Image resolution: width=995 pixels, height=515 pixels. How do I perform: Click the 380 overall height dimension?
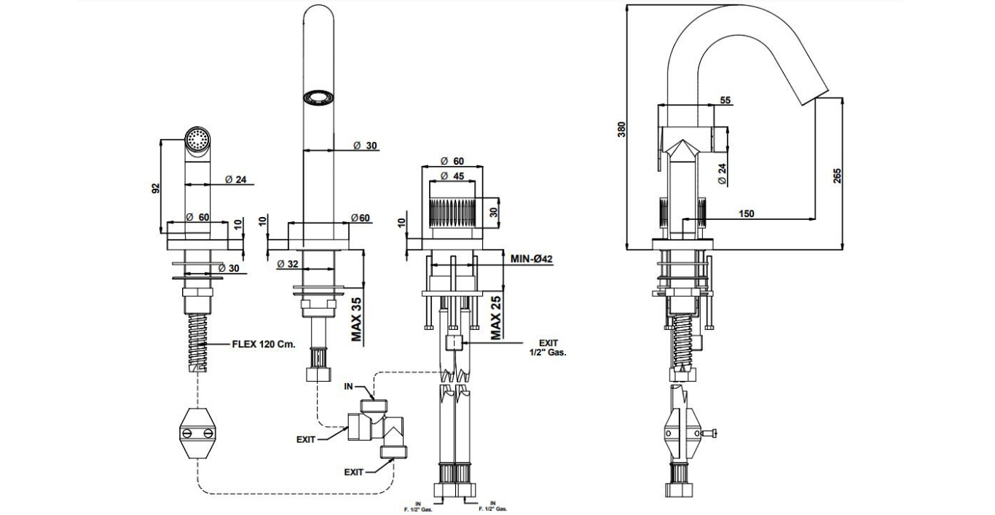tap(621, 129)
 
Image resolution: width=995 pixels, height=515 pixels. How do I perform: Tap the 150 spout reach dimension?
tap(746, 213)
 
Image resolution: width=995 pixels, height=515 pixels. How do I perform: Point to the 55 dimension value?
tap(725, 101)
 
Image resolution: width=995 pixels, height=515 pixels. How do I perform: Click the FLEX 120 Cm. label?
tap(264, 345)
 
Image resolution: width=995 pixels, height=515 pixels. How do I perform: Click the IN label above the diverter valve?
tap(349, 387)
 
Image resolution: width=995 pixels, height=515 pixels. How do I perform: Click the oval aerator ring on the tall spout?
tap(318, 96)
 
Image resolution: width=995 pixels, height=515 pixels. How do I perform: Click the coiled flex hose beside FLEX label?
tap(197, 339)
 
